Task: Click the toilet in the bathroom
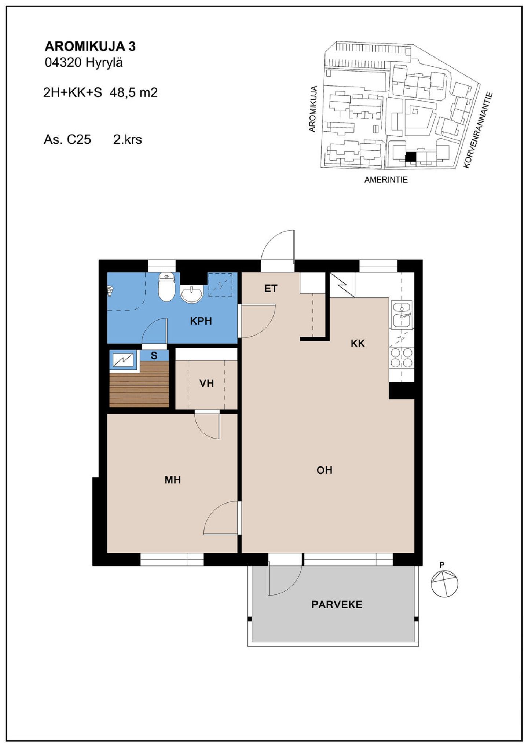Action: [166, 287]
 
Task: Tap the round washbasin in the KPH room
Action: [191, 294]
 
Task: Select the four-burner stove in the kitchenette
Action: [401, 358]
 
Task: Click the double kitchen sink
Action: [401, 314]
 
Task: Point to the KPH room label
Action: [201, 321]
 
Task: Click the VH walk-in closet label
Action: [206, 384]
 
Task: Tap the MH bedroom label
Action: [173, 480]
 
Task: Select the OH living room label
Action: [324, 470]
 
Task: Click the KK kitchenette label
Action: [358, 344]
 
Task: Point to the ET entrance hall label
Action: [271, 289]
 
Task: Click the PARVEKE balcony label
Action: [337, 605]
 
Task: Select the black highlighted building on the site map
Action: [411, 157]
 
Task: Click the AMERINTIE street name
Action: [386, 180]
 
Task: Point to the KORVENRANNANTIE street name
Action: [478, 130]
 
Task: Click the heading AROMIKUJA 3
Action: [90, 47]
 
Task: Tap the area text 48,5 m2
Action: [134, 92]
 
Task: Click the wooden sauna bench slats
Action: [139, 384]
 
